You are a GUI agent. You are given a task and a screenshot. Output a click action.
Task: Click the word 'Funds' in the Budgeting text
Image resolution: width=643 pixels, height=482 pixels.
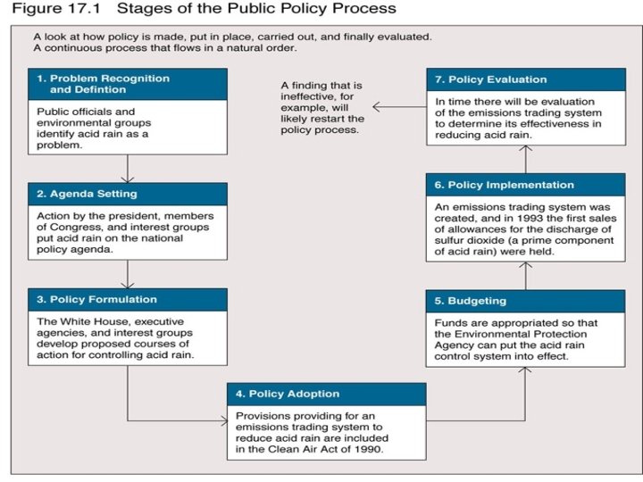450,322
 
